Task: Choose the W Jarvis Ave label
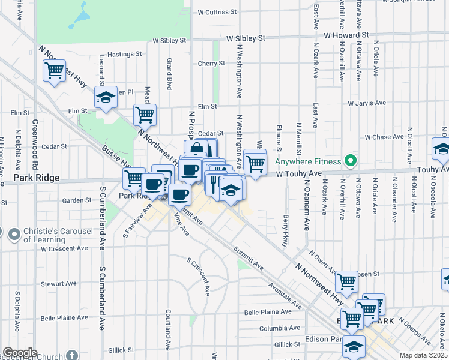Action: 370,103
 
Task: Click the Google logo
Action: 20,353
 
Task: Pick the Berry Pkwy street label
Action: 285,231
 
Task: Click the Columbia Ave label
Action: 279,329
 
